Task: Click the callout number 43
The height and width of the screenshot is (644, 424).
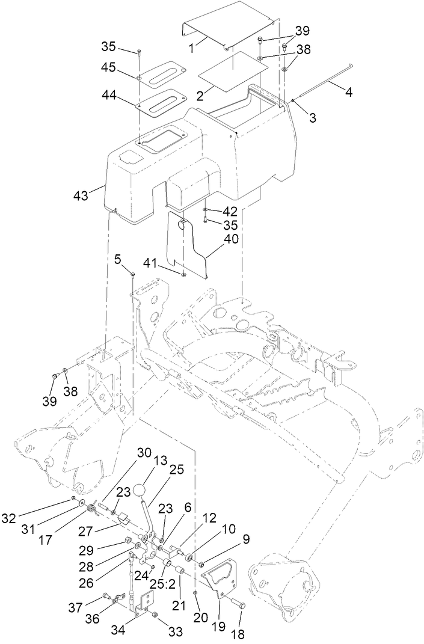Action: (x=80, y=195)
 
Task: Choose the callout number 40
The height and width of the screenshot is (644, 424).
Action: (x=231, y=239)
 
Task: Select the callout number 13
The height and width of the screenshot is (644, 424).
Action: (x=158, y=461)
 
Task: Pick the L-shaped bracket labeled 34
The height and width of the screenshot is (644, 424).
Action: (x=146, y=603)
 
